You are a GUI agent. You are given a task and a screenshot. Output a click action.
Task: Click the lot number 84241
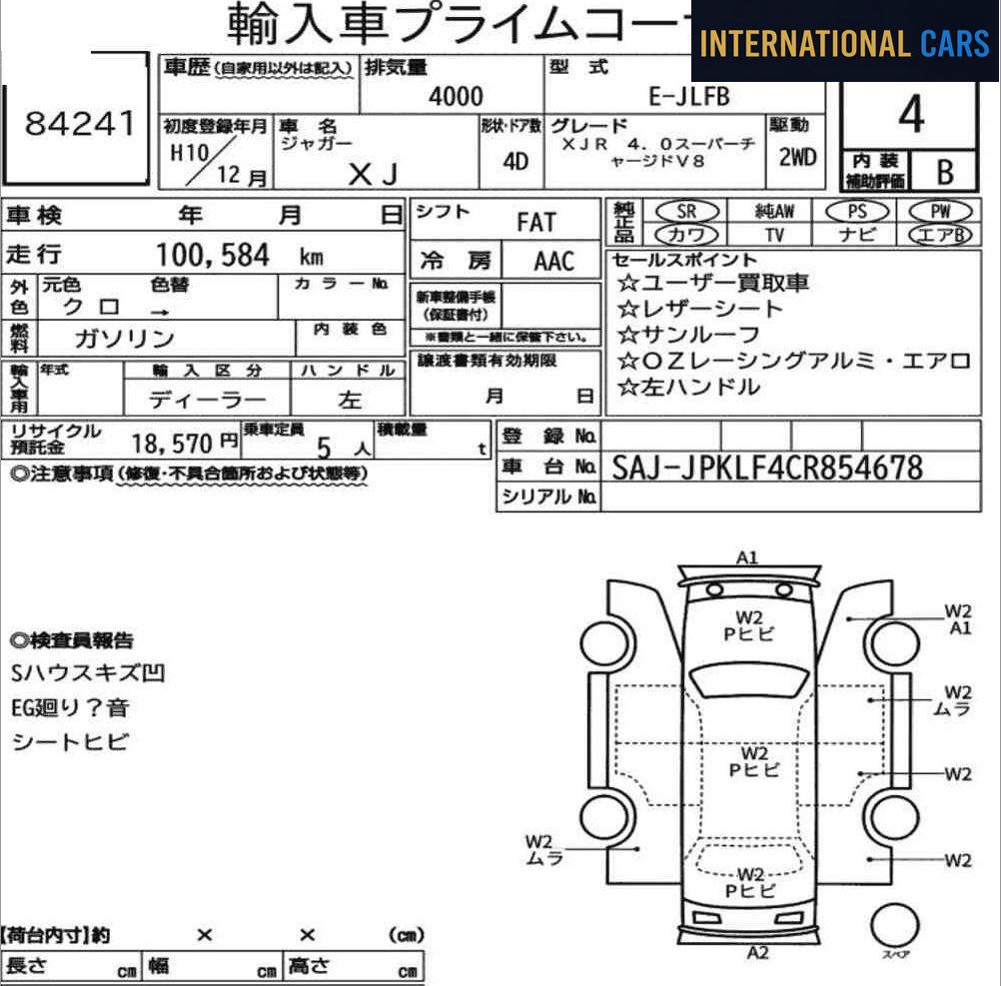click(x=79, y=124)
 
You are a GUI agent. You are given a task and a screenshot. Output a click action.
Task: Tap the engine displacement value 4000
click(x=456, y=96)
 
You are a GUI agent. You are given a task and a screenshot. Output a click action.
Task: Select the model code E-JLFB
click(x=689, y=96)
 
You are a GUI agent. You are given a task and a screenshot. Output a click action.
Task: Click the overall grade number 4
click(x=910, y=116)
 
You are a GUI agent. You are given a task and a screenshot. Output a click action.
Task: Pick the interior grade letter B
click(x=943, y=172)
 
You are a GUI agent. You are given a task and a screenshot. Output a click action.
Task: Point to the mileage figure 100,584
click(x=213, y=256)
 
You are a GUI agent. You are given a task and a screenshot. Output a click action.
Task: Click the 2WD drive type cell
click(x=796, y=157)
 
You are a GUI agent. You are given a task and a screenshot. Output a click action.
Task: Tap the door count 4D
click(x=515, y=162)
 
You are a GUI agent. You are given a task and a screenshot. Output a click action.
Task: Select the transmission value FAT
click(x=536, y=223)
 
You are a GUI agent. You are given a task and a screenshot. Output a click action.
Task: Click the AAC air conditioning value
click(x=553, y=262)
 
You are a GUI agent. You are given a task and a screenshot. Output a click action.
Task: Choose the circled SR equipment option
click(x=686, y=211)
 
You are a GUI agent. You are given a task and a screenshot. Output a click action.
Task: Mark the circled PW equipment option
click(x=939, y=211)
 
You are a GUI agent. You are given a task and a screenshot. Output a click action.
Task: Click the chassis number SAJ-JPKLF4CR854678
click(x=766, y=467)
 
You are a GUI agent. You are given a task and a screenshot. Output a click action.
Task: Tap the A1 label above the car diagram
click(x=747, y=557)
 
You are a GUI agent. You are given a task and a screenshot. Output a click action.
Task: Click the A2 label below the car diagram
click(x=757, y=952)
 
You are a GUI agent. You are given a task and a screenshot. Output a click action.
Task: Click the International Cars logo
click(x=844, y=42)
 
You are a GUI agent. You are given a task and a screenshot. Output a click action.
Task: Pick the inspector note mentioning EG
click(x=70, y=708)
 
